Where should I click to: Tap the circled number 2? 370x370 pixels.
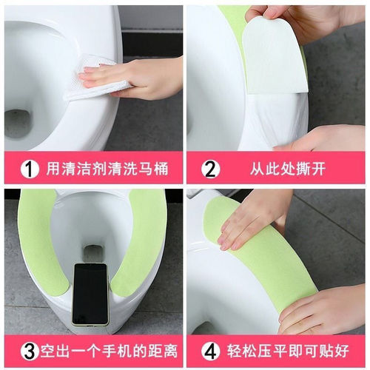211,169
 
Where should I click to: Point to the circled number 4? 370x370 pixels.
211,350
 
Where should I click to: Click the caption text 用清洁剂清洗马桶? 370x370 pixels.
104,169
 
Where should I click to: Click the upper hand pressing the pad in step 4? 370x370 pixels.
255,218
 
